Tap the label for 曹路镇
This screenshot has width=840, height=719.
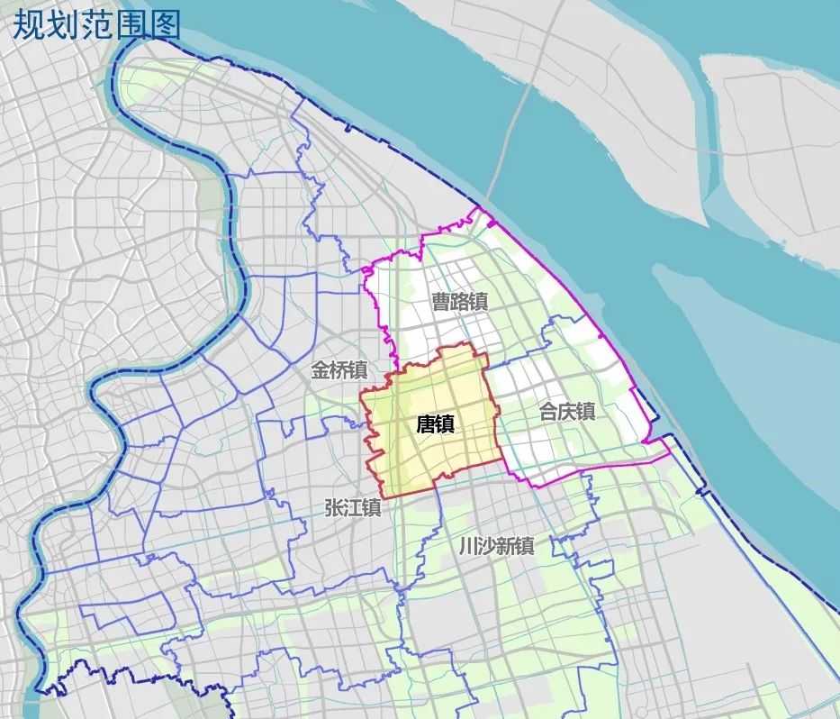click(459, 302)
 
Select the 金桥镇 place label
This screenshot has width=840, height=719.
click(339, 369)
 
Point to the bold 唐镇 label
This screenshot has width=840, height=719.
click(436, 425)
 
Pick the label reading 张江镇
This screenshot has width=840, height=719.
click(353, 508)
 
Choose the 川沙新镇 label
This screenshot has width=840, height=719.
click(496, 546)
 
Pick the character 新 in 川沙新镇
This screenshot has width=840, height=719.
click(506, 546)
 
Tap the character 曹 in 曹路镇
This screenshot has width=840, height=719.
click(440, 302)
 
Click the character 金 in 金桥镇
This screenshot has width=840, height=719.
click(321, 369)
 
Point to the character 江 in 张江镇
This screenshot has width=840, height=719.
click(353, 508)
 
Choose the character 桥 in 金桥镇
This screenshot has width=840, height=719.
click(339, 369)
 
